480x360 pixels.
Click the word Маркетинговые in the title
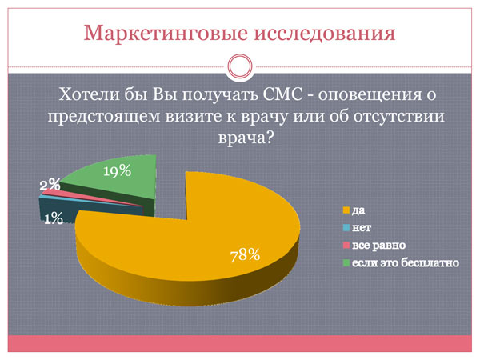166,33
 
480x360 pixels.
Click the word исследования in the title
325,33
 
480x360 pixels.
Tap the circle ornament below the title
240,66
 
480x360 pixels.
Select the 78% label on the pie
245,255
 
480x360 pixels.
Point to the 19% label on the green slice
118,171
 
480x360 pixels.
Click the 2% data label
50,185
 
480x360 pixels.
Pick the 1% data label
54,218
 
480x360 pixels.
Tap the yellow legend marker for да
346,210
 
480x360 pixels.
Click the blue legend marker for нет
346,228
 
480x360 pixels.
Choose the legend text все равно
378,246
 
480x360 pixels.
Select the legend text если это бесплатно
406,263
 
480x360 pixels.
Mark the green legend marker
346,262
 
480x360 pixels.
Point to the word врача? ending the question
246,138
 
